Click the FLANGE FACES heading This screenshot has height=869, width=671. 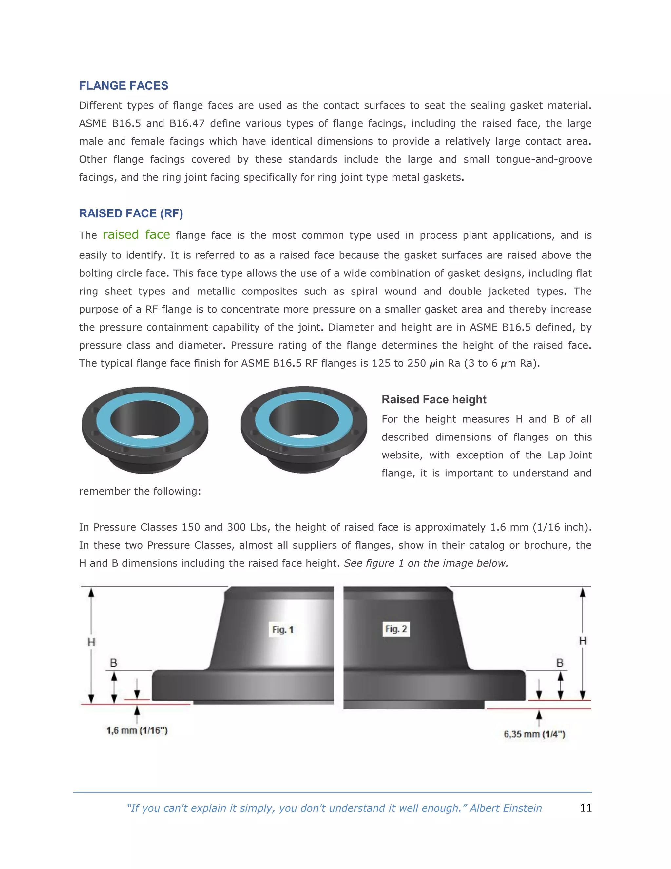pos(123,86)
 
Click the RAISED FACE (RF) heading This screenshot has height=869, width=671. pos(131,214)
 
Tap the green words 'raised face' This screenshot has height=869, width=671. pos(136,235)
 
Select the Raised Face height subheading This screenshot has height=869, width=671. pos(434,399)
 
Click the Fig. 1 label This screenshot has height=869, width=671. pos(283,630)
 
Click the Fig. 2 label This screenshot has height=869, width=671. pos(396,629)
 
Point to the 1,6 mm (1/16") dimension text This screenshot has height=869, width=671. pos(137,731)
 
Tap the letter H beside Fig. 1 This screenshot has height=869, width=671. pos(91,642)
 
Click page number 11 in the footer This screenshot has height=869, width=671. pos(585,808)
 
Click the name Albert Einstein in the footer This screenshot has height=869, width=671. pos(506,808)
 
